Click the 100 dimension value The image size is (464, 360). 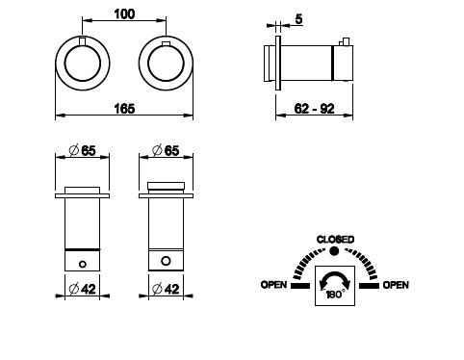point(124,14)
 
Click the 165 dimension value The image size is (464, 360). point(124,109)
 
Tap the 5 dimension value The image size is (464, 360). point(298,19)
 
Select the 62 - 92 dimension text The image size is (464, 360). point(314,109)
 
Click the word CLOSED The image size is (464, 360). point(335,240)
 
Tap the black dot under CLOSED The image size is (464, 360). point(334,250)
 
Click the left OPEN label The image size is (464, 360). point(273,285)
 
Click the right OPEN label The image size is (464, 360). point(396,285)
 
